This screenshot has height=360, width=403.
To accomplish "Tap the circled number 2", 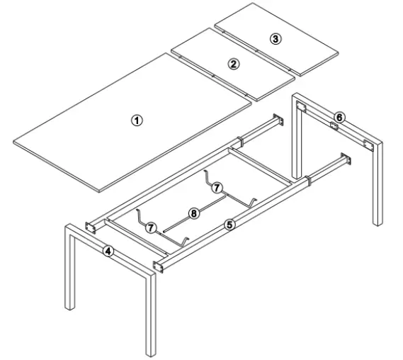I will click(x=233, y=63).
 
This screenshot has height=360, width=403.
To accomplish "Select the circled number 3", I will click(x=276, y=38).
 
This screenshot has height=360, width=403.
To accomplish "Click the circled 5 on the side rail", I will click(x=229, y=224).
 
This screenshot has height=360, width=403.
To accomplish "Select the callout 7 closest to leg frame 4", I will click(x=150, y=227).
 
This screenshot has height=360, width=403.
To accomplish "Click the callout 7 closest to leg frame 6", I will click(x=217, y=187).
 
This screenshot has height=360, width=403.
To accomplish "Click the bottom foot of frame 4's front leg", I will click(x=149, y=353).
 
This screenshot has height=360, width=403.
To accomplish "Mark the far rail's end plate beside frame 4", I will click(x=91, y=227).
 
